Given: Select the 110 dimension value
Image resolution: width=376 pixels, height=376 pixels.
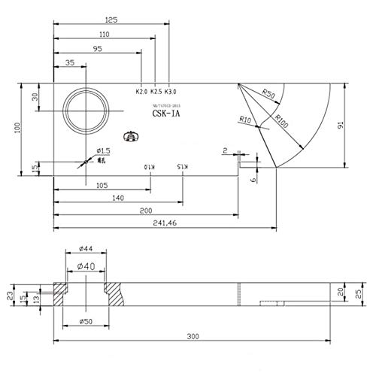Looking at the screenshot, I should click(x=104, y=35).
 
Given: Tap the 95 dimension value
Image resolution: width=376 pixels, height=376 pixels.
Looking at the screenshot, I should click(x=97, y=49).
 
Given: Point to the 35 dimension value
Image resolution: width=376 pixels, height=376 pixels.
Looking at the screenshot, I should click(x=69, y=64).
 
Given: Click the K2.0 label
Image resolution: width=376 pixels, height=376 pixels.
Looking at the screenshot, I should click(x=141, y=92).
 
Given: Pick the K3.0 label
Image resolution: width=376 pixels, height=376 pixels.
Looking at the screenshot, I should click(x=171, y=92).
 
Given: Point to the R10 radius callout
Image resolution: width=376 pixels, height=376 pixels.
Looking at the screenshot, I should click(x=245, y=120).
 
